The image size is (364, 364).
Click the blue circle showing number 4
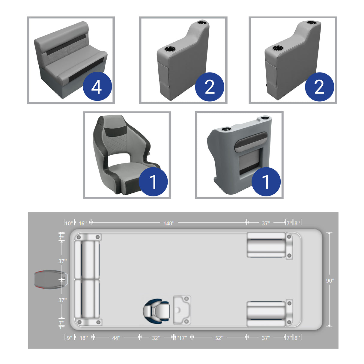97,87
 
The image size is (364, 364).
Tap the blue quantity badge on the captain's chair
153,182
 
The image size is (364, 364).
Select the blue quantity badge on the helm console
266,182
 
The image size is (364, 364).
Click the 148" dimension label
169,223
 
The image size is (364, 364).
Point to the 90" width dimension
330,281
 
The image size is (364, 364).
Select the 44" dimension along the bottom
116,338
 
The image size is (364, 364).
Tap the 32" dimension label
156,338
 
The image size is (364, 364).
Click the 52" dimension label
219,338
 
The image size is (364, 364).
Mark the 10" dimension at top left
69,223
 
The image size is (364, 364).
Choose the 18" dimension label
84,338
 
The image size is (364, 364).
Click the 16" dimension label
82,223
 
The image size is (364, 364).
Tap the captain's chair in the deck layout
157,310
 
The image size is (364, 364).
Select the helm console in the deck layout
182,310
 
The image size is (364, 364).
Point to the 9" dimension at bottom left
69,338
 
